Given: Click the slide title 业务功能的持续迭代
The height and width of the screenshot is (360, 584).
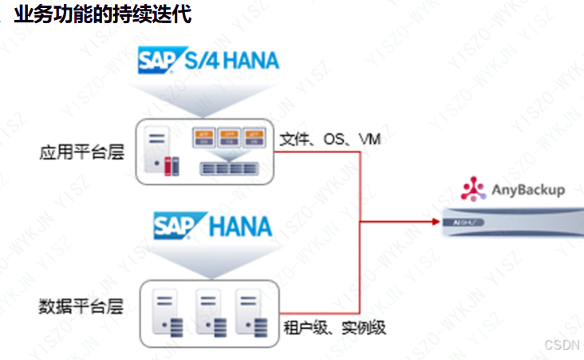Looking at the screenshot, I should pos(102,14).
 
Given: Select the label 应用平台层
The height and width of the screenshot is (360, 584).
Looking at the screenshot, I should pos(81,152).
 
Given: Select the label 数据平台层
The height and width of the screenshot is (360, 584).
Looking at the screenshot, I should pos(81,307).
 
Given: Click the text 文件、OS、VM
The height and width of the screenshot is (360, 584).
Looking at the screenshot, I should pos(329,139).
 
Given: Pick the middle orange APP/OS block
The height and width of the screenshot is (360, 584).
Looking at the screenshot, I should pos(229,136).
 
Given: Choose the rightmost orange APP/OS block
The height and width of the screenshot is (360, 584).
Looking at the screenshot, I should pos(254,136).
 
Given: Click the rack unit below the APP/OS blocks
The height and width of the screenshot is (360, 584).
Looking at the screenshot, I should pos(230,168).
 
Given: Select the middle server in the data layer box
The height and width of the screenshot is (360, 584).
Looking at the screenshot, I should pos(208,314).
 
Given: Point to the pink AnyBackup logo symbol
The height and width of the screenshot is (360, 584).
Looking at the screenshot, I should pos(473,188).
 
